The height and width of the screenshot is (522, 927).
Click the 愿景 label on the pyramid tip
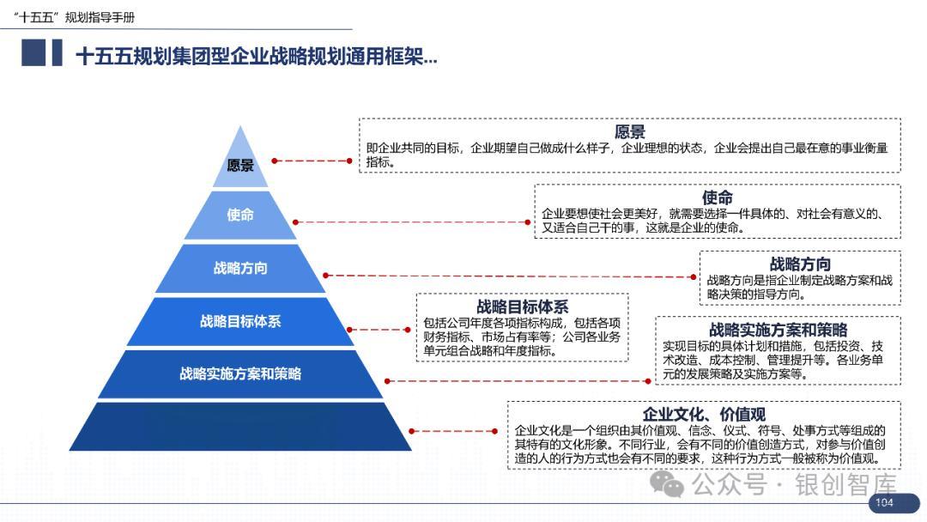point(240,166)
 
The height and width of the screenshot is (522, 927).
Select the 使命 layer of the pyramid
point(240,215)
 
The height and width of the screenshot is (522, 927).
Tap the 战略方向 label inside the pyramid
point(240,268)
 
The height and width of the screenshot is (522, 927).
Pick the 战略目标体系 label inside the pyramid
point(240,321)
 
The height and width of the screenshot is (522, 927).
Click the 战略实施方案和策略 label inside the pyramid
point(240,373)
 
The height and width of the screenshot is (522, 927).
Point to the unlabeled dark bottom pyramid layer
point(240,427)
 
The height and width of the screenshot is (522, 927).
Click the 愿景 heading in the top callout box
point(629,132)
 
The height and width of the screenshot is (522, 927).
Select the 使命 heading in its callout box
point(717,198)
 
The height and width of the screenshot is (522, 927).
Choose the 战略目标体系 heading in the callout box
point(522,307)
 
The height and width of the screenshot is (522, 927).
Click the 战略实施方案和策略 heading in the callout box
point(778,330)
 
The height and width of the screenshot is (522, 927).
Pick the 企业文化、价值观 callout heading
point(704,415)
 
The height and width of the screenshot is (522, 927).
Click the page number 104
point(883,502)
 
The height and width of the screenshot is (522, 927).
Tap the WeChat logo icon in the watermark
point(667,485)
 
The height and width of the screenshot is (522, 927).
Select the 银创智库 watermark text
point(845,485)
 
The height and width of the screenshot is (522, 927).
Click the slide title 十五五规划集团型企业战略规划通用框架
point(257,57)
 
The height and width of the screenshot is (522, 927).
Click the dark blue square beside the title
point(33,53)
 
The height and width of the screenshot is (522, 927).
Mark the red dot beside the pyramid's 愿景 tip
point(275,161)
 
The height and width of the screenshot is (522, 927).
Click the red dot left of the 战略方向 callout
point(693,276)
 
